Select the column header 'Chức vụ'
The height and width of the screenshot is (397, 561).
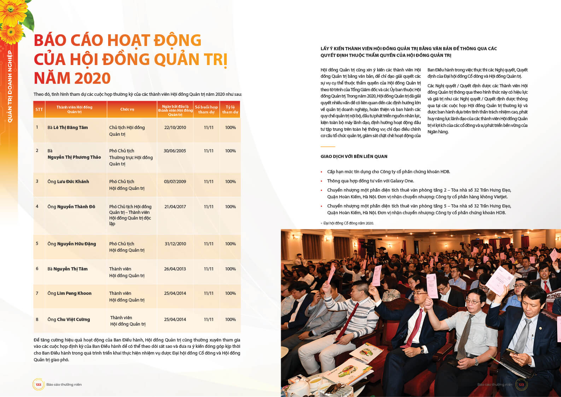[x=127, y=109]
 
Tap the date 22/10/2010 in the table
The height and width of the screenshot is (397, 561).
[x=175, y=128]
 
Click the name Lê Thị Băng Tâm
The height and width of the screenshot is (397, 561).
[x=70, y=128]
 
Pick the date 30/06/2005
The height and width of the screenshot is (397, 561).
[x=175, y=151]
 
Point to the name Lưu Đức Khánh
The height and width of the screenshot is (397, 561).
[x=73, y=182]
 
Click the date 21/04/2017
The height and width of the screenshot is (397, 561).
[x=175, y=207]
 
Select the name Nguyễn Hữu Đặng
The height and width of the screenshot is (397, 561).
[x=76, y=244]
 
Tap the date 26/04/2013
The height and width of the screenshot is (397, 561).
[x=175, y=269]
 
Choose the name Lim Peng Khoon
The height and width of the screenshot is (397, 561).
[x=74, y=293]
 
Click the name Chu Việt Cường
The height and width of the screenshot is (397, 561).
[x=74, y=320]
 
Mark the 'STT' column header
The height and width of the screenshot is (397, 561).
[x=39, y=110]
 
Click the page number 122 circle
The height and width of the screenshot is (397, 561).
[x=38, y=385]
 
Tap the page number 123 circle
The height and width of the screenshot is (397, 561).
[x=521, y=385]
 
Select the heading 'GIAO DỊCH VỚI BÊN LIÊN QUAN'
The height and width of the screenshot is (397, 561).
[x=354, y=157]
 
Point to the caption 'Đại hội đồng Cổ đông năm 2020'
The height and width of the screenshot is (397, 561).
[x=348, y=223]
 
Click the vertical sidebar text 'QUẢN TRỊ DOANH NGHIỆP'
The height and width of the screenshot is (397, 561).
[x=10, y=87]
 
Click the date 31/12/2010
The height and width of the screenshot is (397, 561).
[x=175, y=244]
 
